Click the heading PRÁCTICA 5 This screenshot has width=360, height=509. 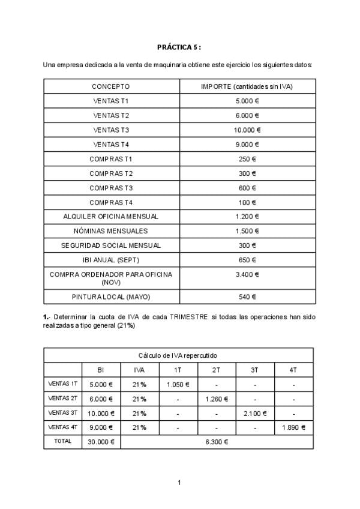[179, 46]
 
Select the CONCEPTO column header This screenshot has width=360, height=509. [111, 86]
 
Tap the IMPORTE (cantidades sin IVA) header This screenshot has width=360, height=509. [247, 86]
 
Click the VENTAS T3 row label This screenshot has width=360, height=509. [111, 130]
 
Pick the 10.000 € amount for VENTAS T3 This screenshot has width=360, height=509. [247, 130]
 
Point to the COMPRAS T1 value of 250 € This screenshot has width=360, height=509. [247, 159]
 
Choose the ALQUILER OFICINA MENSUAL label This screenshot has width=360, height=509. [111, 217]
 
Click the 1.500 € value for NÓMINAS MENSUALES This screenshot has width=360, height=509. [247, 231]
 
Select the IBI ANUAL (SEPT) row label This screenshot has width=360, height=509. [111, 260]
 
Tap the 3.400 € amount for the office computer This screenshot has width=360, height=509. [247, 274]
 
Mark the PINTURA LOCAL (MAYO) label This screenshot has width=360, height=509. [111, 297]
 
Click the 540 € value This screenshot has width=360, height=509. [247, 297]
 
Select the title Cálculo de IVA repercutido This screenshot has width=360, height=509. [178, 355]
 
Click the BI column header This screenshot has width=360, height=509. [101, 370]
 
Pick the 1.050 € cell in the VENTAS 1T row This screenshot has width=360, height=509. [178, 385]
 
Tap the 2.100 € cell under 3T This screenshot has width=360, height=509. [255, 414]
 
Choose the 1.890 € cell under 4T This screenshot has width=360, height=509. [293, 427]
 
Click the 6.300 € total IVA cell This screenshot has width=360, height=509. [217, 442]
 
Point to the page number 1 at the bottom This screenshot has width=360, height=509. [179, 483]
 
